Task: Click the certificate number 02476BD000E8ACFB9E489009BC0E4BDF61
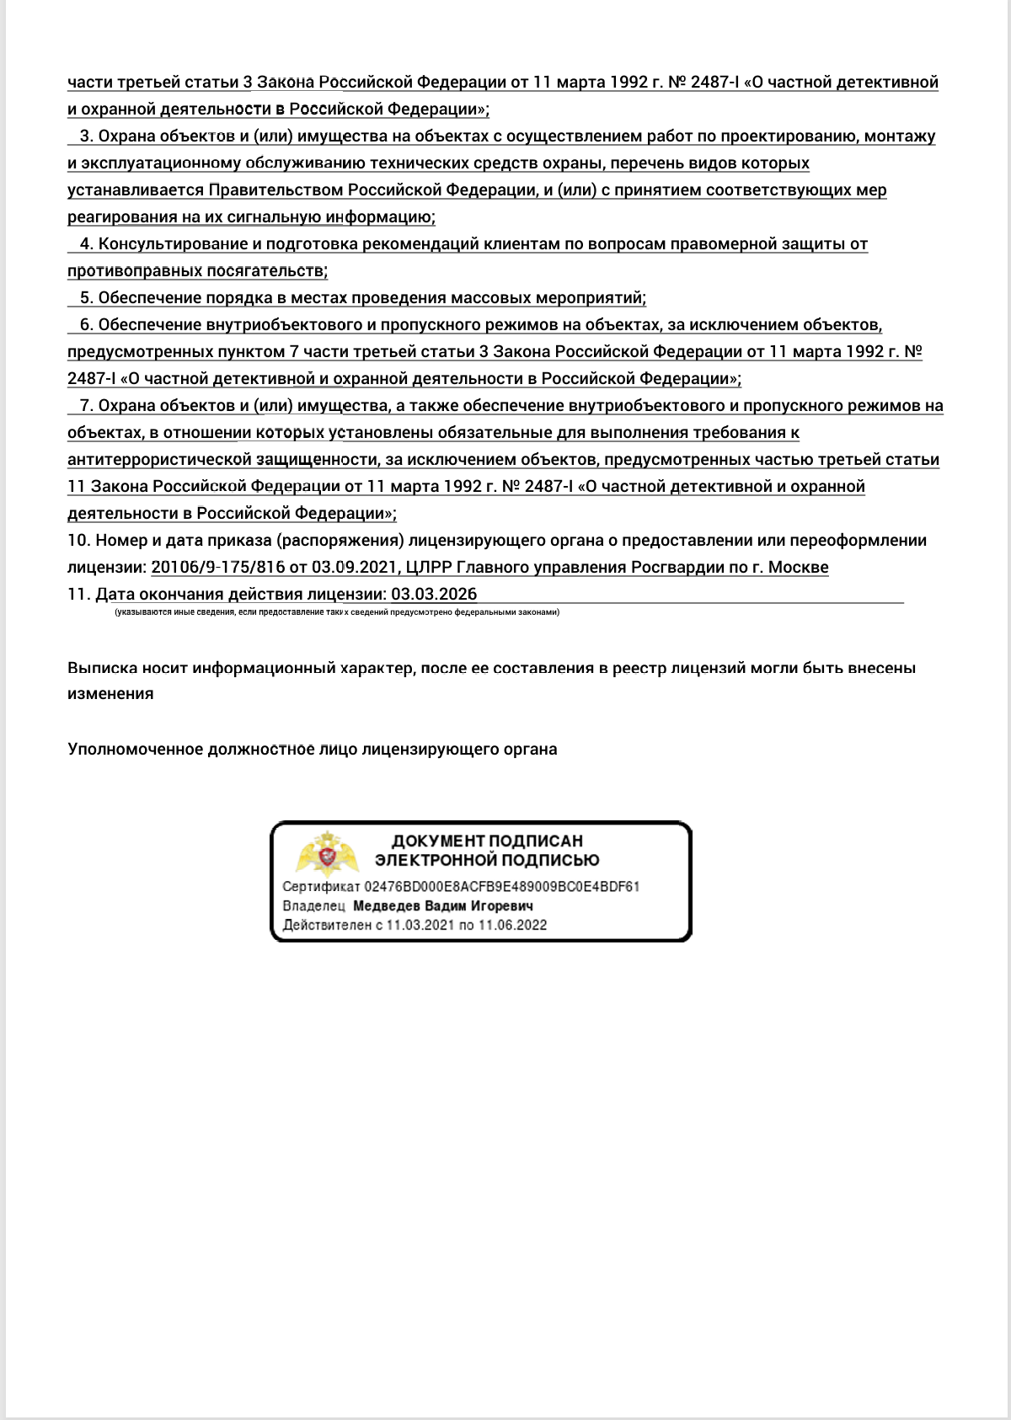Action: point(501,887)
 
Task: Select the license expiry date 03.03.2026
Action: point(434,594)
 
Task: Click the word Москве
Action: point(798,567)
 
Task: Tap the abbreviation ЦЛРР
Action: point(429,567)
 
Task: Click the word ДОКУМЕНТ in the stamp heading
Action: point(438,841)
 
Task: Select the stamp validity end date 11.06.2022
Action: point(513,925)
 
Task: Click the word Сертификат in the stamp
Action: point(321,887)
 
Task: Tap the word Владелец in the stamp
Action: point(313,906)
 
